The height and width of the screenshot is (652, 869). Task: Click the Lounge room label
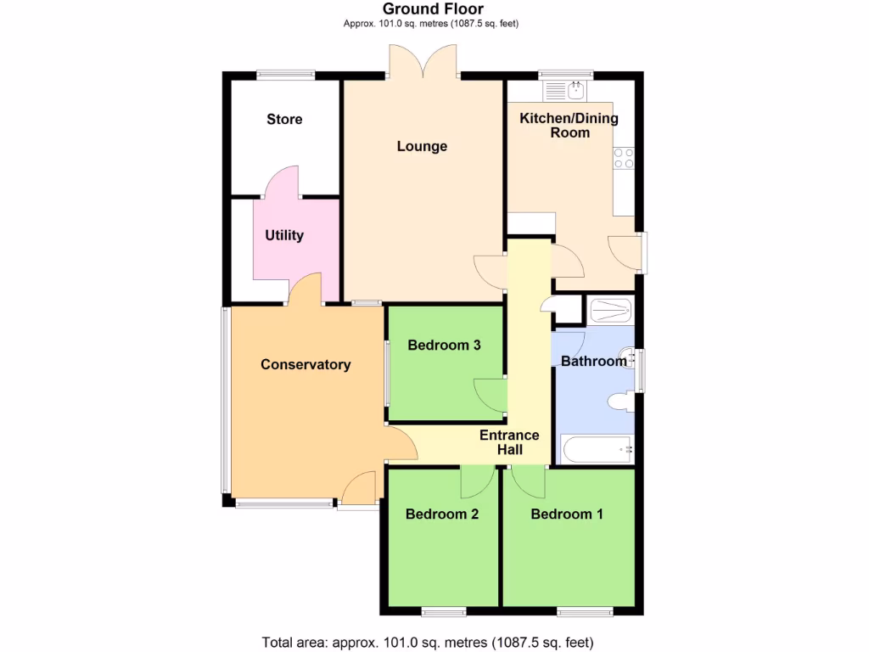point(422,146)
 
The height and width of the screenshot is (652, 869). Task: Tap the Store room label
point(284,119)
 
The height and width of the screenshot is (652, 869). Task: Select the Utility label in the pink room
point(283,235)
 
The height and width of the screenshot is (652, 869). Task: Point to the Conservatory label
point(306,364)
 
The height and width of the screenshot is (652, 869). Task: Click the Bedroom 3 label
point(445,345)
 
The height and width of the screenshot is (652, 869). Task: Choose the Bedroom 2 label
point(442,514)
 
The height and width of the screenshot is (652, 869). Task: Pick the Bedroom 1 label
point(567,514)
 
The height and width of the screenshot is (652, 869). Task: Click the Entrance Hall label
point(509,442)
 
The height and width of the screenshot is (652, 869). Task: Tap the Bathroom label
point(593,361)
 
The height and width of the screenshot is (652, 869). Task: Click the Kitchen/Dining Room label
point(569,125)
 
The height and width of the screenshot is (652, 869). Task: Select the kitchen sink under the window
point(575,89)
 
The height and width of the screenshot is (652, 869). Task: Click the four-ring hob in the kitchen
point(624,157)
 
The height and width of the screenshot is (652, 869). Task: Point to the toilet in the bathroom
point(621,401)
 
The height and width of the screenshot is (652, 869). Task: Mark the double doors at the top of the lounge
point(423,64)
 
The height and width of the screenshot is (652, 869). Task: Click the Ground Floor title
point(433,9)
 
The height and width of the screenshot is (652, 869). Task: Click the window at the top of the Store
point(286,75)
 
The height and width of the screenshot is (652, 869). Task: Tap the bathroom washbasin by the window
point(629,357)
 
